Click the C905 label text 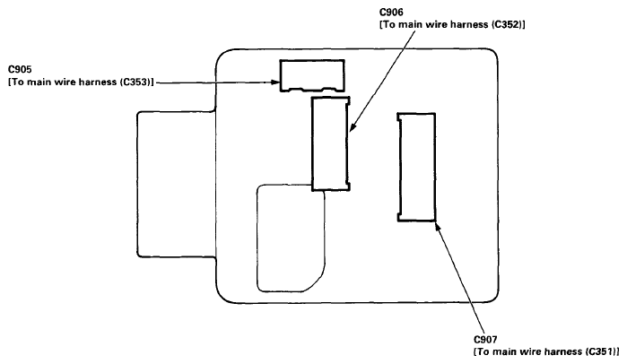click(x=20, y=70)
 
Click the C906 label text click(x=391, y=13)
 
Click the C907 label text click(x=486, y=340)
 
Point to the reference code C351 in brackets click(x=602, y=352)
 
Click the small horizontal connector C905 click(x=312, y=75)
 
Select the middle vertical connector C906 click(x=331, y=143)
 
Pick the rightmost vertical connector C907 click(x=416, y=167)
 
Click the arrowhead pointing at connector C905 click(x=275, y=82)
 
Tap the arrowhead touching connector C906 click(x=353, y=126)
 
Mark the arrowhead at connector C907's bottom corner click(x=439, y=227)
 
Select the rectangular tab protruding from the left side click(x=137, y=184)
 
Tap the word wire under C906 click(x=438, y=25)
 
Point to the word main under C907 click(x=506, y=352)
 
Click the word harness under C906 click(x=468, y=25)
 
